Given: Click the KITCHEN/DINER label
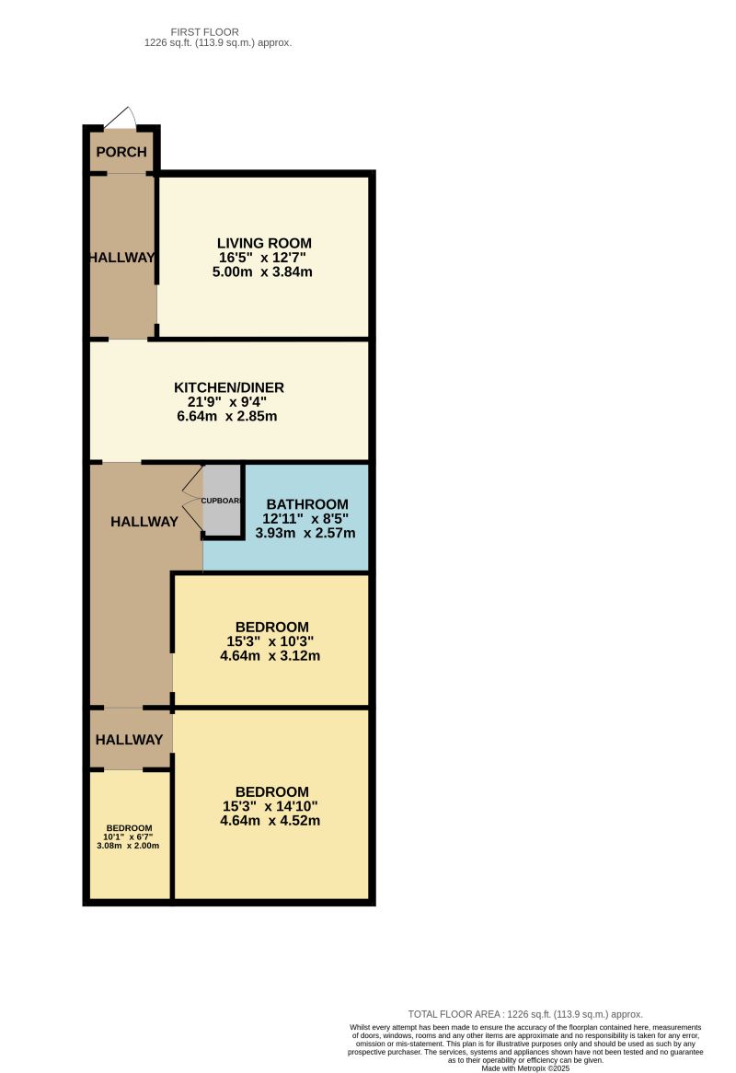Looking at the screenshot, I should [226, 387].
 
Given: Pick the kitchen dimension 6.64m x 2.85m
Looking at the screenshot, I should [226, 416].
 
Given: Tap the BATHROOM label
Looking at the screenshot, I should [306, 504].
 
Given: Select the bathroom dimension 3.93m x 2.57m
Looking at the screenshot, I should [305, 533].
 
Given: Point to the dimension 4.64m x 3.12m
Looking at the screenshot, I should [270, 656].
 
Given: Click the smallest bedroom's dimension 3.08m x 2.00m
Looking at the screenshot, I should [129, 846].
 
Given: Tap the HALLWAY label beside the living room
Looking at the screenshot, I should [121, 258].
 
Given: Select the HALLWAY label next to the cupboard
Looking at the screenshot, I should [144, 522].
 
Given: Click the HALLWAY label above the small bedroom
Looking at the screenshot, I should [129, 740].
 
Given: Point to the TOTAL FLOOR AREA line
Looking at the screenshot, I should [524, 1014].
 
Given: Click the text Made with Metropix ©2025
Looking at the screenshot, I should [525, 1067].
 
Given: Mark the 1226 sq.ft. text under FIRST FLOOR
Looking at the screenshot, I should [218, 43].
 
